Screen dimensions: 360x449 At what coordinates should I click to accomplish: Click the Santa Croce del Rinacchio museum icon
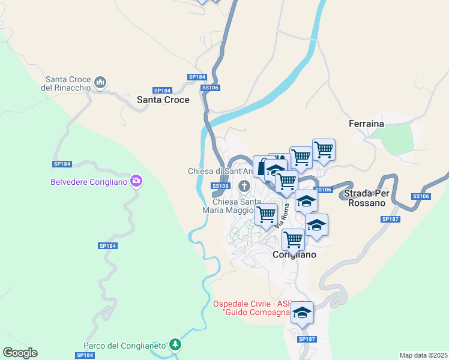pyautogui.click(x=100, y=82)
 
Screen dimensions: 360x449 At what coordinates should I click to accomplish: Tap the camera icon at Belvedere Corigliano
pyautogui.click(x=136, y=181)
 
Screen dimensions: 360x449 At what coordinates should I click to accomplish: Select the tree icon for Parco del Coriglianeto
pyautogui.click(x=175, y=344)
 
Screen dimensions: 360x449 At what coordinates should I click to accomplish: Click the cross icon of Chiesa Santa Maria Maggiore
pyautogui.click(x=244, y=186)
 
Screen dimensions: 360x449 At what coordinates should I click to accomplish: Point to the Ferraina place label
pyautogui.click(x=366, y=124)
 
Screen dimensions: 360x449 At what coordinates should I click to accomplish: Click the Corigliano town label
pyautogui.click(x=295, y=254)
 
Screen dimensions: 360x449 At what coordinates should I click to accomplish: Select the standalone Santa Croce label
pyautogui.click(x=163, y=100)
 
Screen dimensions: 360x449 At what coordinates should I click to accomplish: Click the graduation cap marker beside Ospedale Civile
pyautogui.click(x=303, y=313)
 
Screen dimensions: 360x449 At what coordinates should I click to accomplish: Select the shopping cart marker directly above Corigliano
pyautogui.click(x=294, y=239)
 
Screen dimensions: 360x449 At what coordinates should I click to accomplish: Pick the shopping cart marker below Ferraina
pyautogui.click(x=324, y=149)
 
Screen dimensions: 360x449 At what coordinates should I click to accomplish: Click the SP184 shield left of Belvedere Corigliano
pyautogui.click(x=62, y=164)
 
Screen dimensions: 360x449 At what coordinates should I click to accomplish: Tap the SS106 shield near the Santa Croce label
pyautogui.click(x=211, y=88)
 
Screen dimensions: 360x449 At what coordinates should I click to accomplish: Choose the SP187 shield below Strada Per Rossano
pyautogui.click(x=390, y=220)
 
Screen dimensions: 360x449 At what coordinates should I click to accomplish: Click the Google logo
pyautogui.click(x=20, y=353)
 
